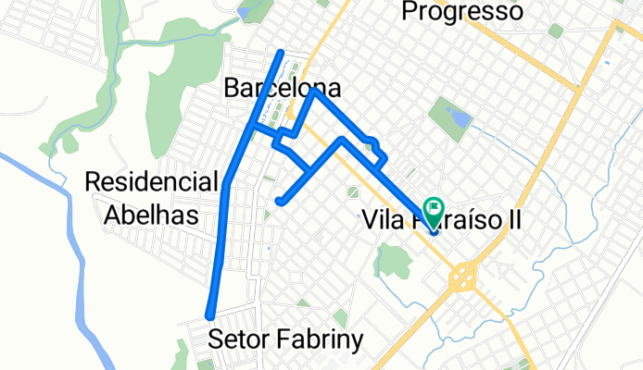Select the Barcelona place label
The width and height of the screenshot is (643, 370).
(283, 89)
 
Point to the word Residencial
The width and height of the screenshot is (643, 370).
(152, 181)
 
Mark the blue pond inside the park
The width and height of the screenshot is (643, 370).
(458, 117)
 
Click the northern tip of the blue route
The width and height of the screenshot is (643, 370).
(282, 50)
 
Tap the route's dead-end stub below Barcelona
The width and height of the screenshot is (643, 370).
(279, 200)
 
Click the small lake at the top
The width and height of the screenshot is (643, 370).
(246, 12)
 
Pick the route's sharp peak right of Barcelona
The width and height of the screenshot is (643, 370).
(315, 91)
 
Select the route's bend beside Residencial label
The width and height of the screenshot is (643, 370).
(227, 185)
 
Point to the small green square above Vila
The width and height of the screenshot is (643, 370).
(352, 192)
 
